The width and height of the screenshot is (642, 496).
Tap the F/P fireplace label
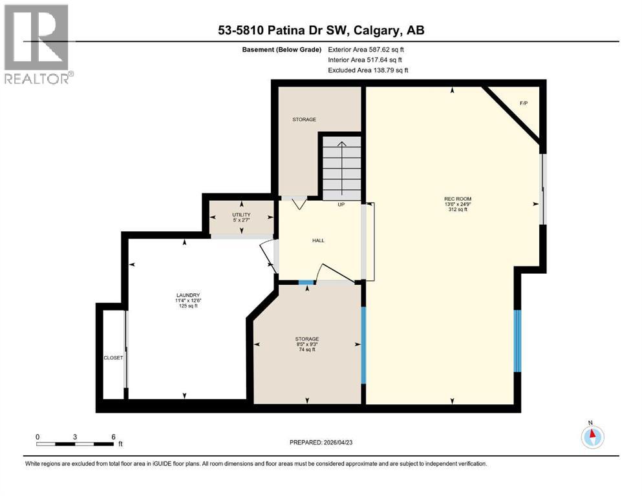[524, 103]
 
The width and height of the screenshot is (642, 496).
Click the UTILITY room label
[241, 215]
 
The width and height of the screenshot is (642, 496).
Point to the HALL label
[318, 240]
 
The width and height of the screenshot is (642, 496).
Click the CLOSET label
[112, 358]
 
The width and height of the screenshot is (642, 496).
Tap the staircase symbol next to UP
[341, 168]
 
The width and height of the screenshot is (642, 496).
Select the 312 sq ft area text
[452, 210]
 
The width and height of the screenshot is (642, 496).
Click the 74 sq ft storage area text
[307, 350]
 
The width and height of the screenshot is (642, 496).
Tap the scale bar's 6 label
[113, 437]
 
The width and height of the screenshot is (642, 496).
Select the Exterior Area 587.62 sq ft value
[369, 49]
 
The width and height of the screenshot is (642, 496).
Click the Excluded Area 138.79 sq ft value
[369, 70]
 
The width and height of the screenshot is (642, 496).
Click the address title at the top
[321, 30]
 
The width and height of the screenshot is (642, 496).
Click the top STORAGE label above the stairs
[304, 119]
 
